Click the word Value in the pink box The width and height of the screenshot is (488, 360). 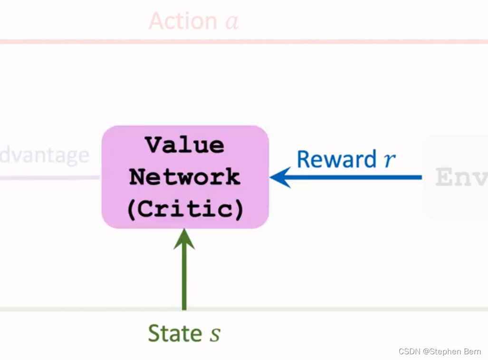tap(185, 145)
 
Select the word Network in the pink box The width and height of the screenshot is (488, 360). tap(185, 177)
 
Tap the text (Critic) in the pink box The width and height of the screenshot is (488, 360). tap(185, 209)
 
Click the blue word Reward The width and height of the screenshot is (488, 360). tap(336, 159)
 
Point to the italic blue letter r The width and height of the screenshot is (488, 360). tap(390, 160)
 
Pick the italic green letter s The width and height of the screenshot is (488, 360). tap(215, 334)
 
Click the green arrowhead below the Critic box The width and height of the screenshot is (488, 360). tap(184, 239)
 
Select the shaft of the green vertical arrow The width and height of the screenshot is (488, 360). tap(184, 281)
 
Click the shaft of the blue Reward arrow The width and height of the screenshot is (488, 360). tap(356, 177)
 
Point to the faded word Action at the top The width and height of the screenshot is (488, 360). tap(183, 21)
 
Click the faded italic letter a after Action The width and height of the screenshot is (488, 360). tap(231, 22)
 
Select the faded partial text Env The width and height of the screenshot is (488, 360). tap(461, 177)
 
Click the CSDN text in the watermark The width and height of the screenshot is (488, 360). tap(410, 352)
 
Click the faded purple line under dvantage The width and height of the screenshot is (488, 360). tap(48, 178)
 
